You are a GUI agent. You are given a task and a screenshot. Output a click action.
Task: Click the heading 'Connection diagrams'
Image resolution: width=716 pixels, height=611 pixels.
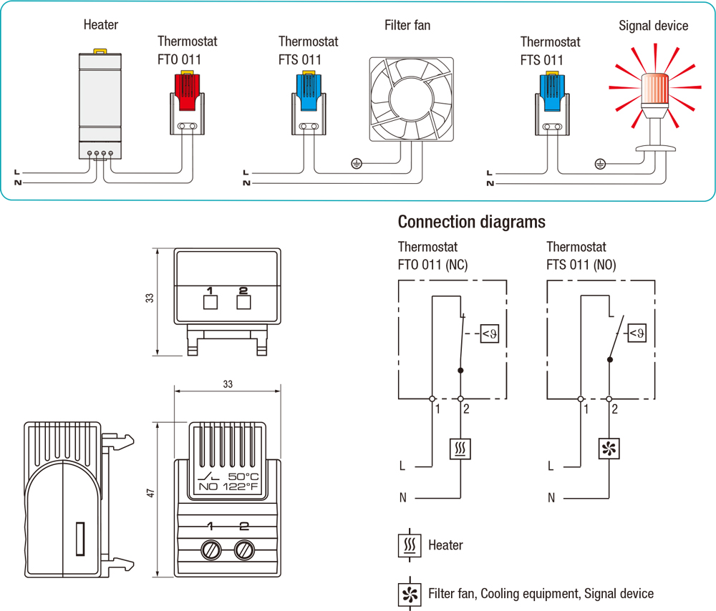point(471,221)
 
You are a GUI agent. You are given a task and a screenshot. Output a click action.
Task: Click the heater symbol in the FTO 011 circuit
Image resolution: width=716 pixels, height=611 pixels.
point(460,449)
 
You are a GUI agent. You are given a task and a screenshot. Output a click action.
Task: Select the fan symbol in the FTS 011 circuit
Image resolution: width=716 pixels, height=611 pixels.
point(609,449)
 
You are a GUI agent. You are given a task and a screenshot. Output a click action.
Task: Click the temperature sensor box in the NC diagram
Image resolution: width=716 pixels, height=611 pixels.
point(489,333)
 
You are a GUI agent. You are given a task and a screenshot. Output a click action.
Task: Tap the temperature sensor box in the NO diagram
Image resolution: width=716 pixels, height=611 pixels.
point(637,333)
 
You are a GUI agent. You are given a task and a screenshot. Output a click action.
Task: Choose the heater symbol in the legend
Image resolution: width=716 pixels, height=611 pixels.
point(410,545)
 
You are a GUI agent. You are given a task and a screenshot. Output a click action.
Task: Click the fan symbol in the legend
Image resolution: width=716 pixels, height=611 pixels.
point(410,593)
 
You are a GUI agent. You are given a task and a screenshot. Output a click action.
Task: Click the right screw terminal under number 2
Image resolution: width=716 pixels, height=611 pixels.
point(243,551)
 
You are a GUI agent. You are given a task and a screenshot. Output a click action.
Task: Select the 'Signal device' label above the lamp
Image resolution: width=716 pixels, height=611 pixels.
point(653,26)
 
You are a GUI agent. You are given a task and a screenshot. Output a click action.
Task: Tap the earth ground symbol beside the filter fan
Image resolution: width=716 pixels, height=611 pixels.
point(356,164)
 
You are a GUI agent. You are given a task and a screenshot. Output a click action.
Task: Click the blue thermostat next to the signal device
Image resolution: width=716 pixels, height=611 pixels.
point(552,100)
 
